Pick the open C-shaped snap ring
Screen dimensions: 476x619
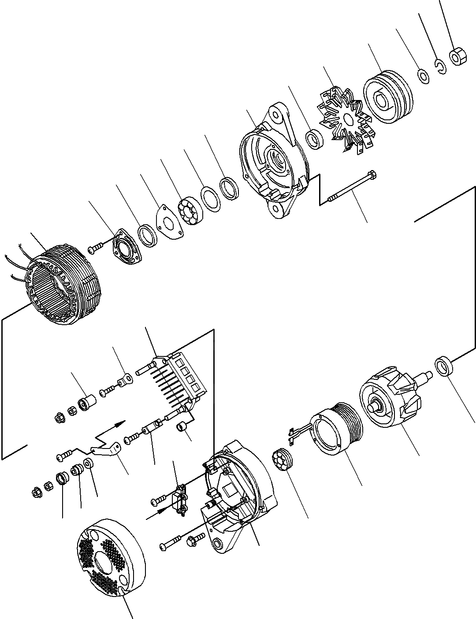[440, 67]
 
